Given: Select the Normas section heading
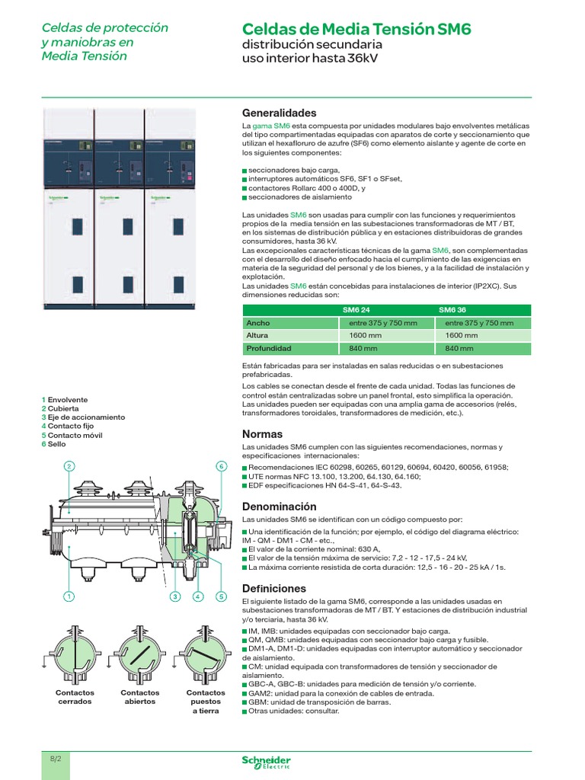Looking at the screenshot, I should pyautogui.click(x=262, y=433).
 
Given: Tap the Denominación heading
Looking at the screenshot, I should pyautogui.click(x=279, y=507).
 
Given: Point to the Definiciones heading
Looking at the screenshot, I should pyautogui.click(x=274, y=588).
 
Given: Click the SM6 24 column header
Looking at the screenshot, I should pyautogui.click(x=357, y=310).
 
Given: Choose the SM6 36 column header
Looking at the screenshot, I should pyautogui.click(x=453, y=310).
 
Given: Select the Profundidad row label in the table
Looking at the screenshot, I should pyautogui.click(x=268, y=348).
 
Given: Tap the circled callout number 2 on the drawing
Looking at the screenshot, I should pyautogui.click(x=69, y=466).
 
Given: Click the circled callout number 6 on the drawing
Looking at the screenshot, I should pyautogui.click(x=222, y=466).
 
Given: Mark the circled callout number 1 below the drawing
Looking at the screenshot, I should pyautogui.click(x=69, y=596).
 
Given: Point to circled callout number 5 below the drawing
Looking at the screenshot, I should pyautogui.click(x=222, y=596).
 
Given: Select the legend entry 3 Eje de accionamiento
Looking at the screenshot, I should pyautogui.click(x=83, y=417).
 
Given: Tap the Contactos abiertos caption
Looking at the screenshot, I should pyautogui.click(x=140, y=697).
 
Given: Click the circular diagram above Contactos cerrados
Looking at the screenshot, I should pyautogui.click(x=75, y=654).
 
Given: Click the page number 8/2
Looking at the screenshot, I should pyautogui.click(x=56, y=759).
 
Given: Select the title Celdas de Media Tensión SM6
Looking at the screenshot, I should pyautogui.click(x=356, y=30).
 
